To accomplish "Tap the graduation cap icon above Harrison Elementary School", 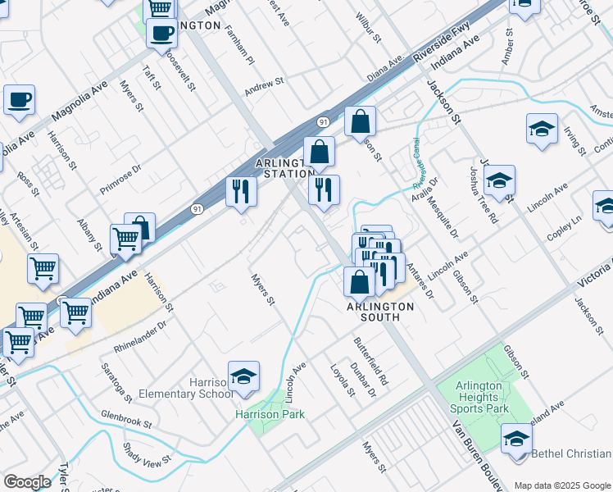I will point(243,376).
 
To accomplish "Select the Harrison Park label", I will point(270,414).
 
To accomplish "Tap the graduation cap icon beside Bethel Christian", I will point(516,438).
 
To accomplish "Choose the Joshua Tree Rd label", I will point(483,195).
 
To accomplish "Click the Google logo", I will point(27,482).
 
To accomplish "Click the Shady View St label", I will point(142,452).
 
